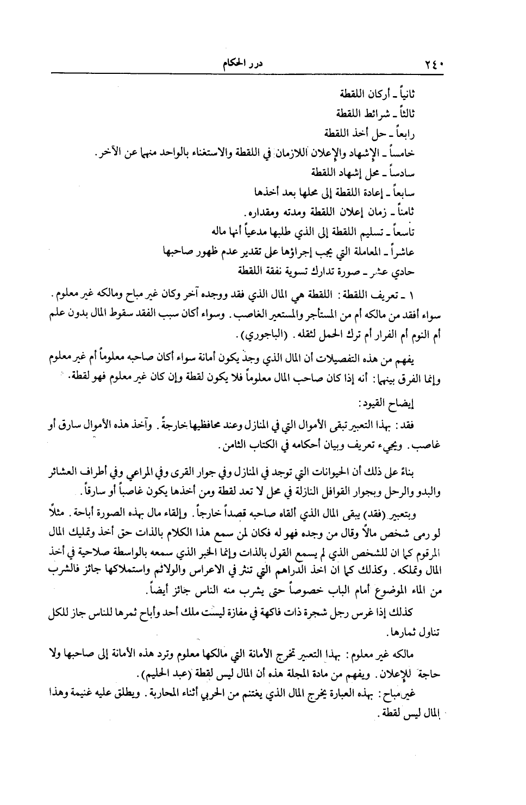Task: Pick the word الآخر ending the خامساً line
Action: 107,153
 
